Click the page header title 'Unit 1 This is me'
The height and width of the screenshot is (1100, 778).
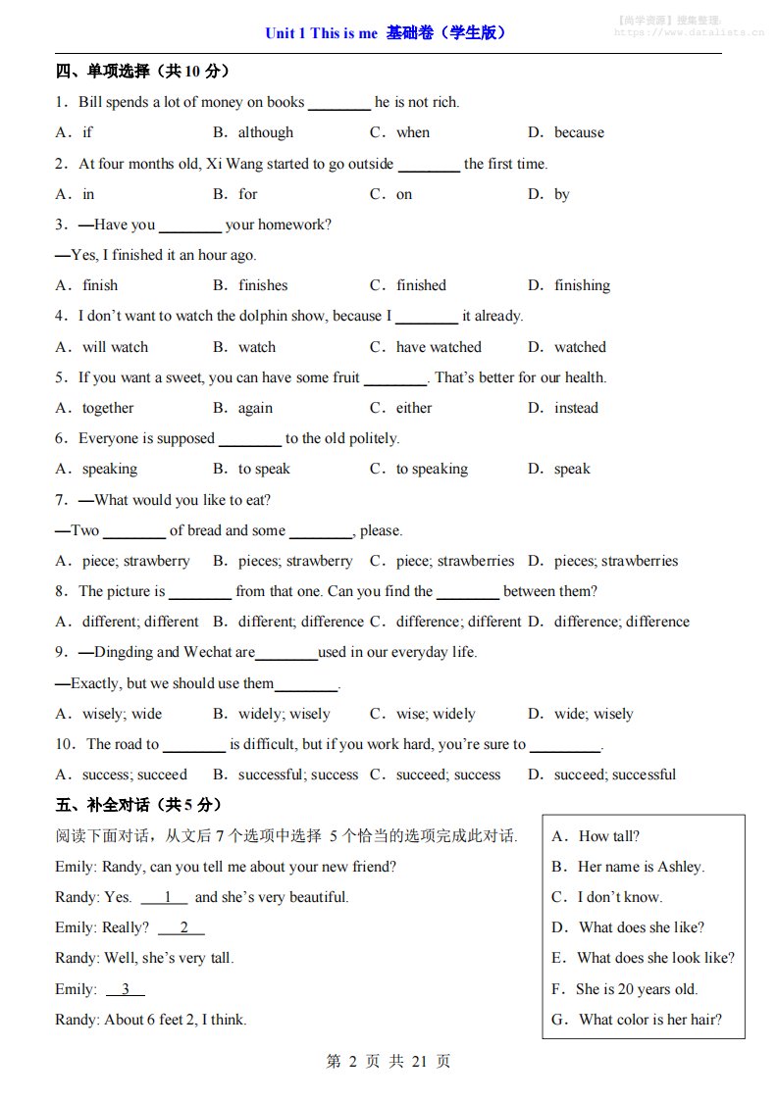pos(321,33)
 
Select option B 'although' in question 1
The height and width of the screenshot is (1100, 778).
pos(265,132)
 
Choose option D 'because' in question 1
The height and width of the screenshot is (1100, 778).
pos(579,132)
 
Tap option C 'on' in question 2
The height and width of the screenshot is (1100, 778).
pos(403,194)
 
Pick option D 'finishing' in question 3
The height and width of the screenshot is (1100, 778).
pos(582,285)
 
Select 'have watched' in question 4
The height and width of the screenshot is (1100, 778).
pos(439,347)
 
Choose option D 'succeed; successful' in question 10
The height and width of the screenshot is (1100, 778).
pos(614,775)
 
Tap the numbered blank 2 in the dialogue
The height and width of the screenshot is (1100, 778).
pos(182,927)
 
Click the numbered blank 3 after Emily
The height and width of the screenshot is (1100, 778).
pos(125,989)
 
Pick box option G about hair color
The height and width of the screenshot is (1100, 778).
pos(649,1020)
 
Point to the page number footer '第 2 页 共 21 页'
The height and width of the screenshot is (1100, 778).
pos(389,1062)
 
